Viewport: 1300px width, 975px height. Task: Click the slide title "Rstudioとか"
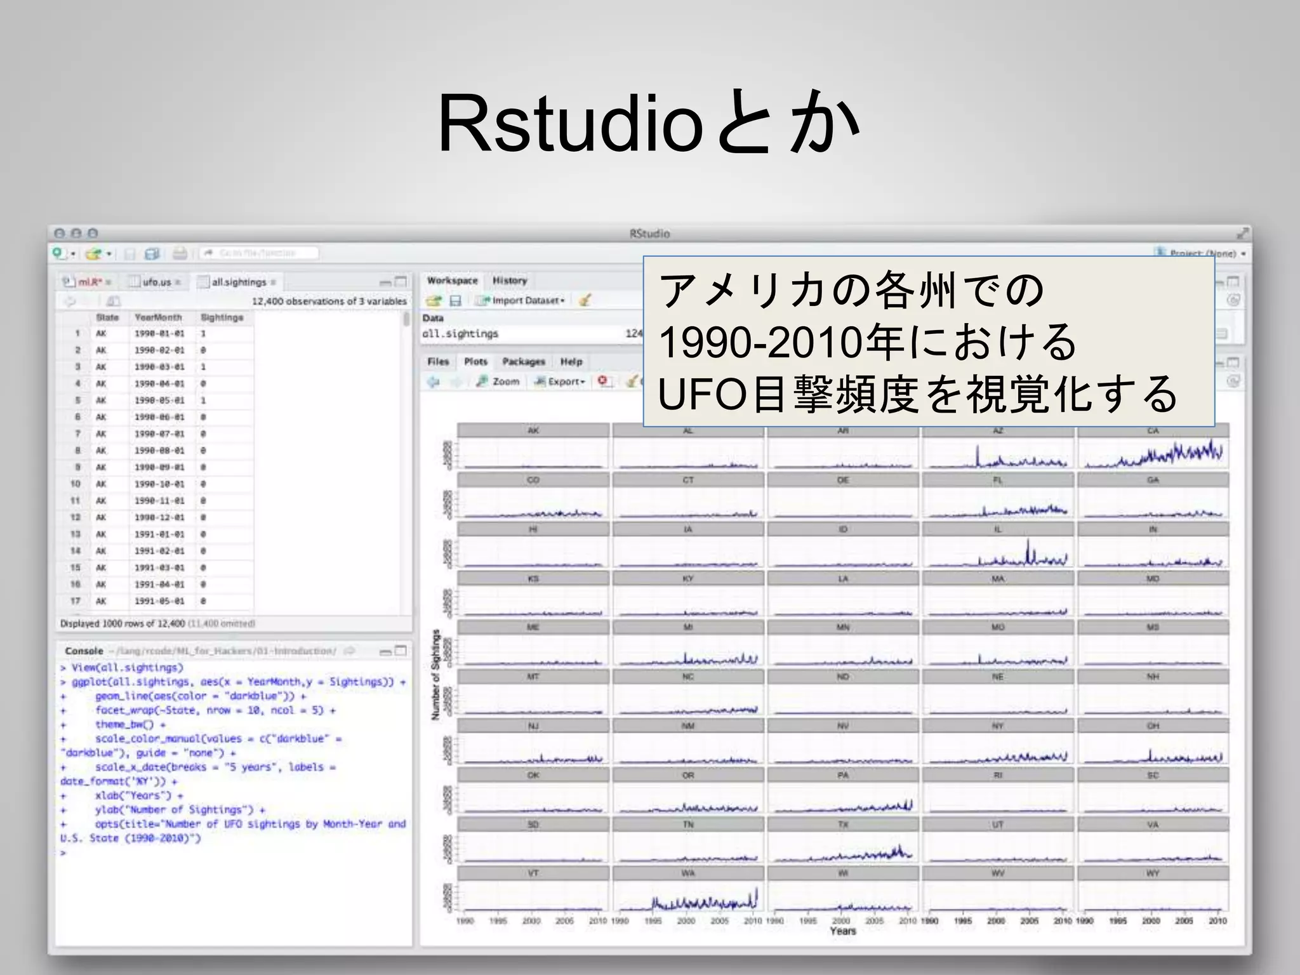647,123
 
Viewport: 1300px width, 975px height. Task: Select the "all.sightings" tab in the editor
239,282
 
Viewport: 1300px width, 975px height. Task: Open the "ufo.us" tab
157,282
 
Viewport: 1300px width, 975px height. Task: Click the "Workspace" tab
452,281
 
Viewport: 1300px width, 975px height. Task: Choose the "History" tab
510,281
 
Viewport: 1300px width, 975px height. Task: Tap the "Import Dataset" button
524,300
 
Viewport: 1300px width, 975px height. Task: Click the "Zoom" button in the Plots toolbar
500,381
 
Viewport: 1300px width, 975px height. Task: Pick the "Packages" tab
524,362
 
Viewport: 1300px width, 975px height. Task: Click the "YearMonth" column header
158,317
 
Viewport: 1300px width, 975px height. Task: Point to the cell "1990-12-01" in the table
159,517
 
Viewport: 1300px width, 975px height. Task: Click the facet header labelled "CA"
1153,431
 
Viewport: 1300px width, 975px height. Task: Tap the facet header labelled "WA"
688,873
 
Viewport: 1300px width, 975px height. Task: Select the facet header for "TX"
843,825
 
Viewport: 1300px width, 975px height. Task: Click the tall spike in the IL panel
1028,550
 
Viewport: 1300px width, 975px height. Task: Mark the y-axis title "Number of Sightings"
435,674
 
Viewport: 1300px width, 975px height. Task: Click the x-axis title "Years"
843,931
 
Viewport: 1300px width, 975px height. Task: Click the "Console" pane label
84,651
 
